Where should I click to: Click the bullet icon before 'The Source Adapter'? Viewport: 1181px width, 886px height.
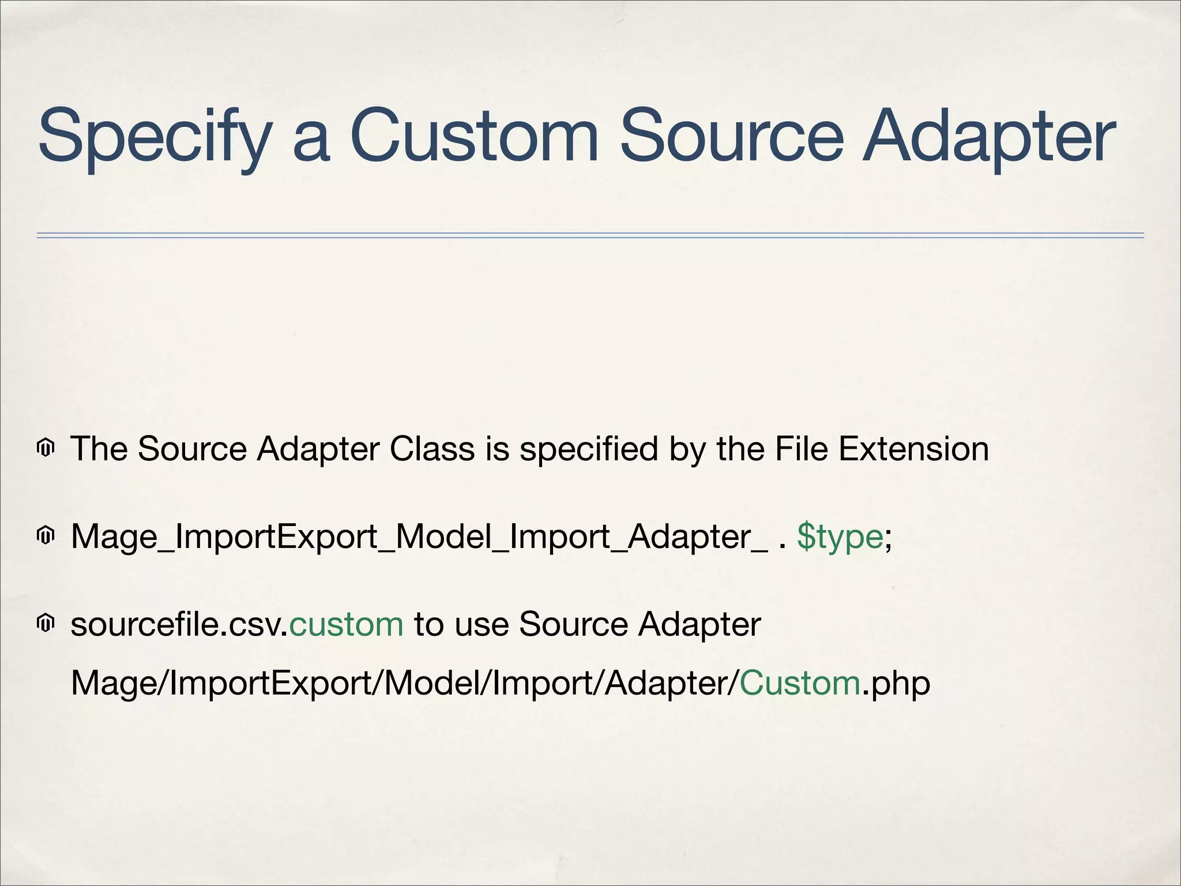(46, 448)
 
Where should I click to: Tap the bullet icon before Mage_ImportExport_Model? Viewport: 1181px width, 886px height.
(46, 536)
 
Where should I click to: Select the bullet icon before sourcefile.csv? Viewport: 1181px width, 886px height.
(46, 624)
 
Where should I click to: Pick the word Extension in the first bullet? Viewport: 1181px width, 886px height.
(913, 449)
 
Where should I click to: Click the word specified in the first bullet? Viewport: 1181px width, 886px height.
(588, 449)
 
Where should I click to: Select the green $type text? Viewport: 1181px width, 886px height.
(840, 536)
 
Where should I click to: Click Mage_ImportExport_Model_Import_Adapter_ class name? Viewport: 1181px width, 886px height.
(419, 536)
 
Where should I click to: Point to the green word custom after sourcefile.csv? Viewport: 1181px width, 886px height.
(346, 624)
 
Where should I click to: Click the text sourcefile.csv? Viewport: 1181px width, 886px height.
(179, 624)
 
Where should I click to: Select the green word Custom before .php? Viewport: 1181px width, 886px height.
(800, 683)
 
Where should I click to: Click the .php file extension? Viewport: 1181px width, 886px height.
(897, 684)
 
